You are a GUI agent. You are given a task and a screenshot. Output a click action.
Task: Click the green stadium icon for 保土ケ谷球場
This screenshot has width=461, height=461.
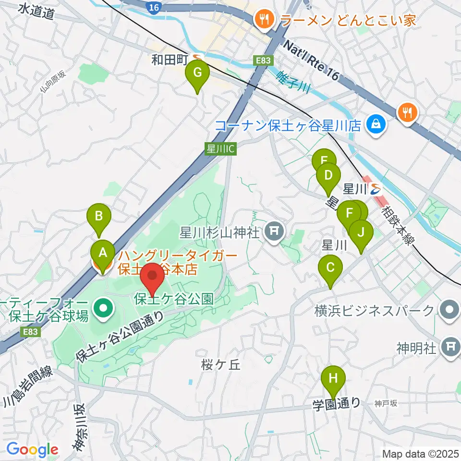tap(102, 305)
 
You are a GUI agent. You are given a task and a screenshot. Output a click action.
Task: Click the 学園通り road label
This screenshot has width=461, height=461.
tap(336, 403)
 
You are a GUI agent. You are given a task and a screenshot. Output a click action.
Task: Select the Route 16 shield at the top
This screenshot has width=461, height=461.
tap(153, 8)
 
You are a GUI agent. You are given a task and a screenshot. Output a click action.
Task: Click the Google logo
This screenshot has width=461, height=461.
tap(32, 449)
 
